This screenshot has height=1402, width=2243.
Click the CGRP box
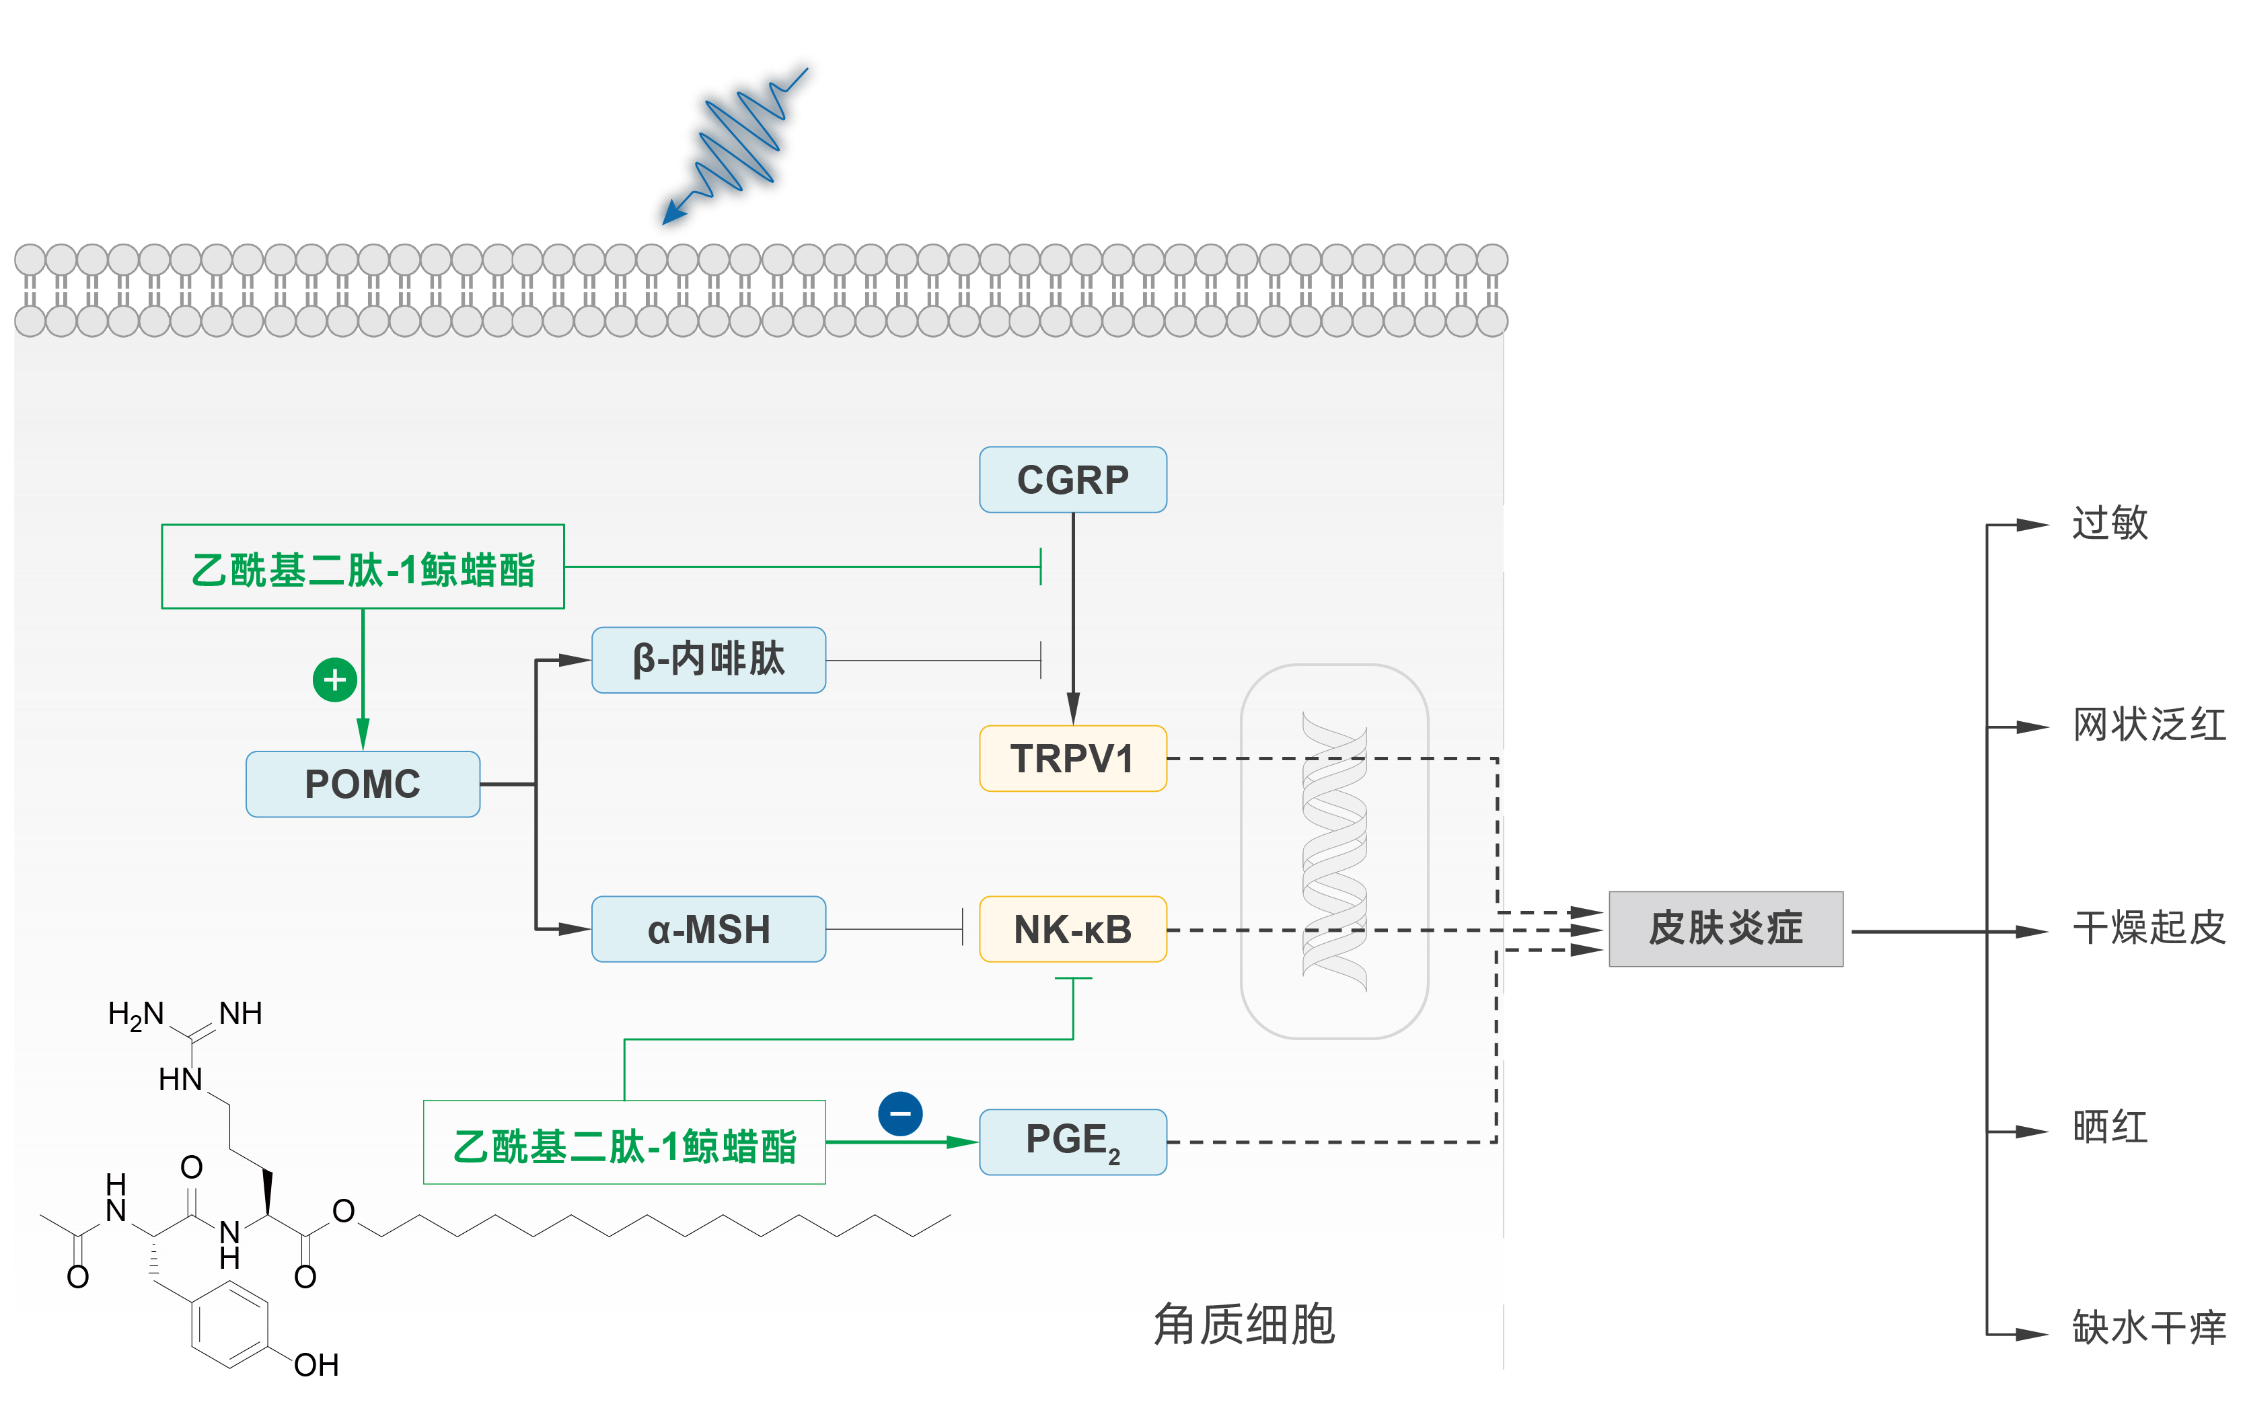coord(1073,480)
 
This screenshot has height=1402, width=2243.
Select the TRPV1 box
coord(1073,758)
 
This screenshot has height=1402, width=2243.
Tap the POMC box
coord(363,784)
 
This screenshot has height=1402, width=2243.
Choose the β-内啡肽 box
coord(708,660)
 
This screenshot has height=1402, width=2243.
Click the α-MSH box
coord(708,929)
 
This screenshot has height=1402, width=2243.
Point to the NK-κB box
coord(1073,929)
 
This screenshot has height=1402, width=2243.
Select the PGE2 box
coord(1073,1142)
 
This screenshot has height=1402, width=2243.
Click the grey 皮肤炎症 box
coord(1726,929)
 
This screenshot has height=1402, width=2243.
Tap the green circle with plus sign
coord(335,681)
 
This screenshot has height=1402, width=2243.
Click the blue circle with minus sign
coord(900,1113)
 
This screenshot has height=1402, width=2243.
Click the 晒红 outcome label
coord(2110,1128)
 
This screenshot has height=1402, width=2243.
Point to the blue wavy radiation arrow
coord(735,145)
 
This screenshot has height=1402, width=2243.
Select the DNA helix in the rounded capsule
coord(1334,851)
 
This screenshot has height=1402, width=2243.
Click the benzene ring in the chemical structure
coord(230,1324)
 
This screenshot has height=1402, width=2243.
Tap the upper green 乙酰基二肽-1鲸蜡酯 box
coord(363,566)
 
